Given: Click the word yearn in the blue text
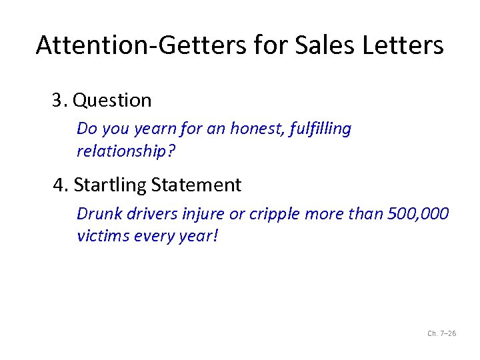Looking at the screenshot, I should pos(151,129).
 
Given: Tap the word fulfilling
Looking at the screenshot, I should pos(321,129).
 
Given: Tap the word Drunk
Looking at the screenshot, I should pos(97,214).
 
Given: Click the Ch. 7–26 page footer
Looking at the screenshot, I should pos(441,333).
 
